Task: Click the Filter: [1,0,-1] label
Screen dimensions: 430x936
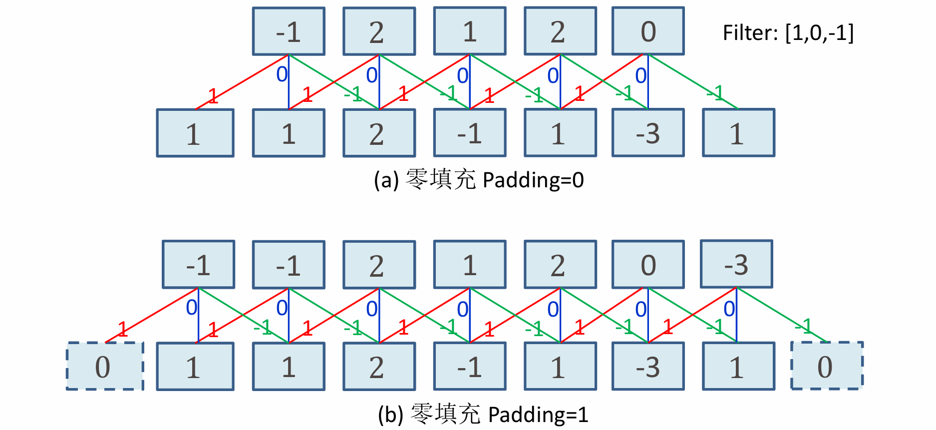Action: (788, 33)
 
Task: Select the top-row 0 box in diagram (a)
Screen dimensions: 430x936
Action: (648, 31)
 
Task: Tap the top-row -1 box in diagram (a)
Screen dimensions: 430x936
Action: (289, 31)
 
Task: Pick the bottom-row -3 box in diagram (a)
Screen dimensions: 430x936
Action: (648, 133)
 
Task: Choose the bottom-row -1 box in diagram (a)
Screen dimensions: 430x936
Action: (470, 133)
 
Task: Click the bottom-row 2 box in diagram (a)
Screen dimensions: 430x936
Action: (379, 133)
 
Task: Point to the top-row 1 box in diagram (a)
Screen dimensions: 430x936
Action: (470, 31)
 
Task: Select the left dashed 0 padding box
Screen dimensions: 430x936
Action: (105, 366)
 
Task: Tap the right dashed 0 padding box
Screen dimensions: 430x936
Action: (827, 366)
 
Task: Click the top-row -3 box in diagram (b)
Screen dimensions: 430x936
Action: (736, 264)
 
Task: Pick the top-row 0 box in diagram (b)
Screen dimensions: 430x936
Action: (648, 265)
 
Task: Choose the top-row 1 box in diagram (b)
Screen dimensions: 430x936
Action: (470, 265)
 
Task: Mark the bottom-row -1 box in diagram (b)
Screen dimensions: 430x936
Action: (470, 366)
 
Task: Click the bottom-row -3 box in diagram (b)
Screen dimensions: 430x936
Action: (648, 366)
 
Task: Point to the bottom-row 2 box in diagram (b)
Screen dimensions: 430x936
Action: (379, 366)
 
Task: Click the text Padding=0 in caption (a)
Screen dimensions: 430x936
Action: (533, 180)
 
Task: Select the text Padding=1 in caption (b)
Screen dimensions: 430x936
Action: (538, 415)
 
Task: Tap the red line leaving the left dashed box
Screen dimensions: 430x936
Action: (150, 316)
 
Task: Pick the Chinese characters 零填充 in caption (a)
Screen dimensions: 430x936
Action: (440, 179)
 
